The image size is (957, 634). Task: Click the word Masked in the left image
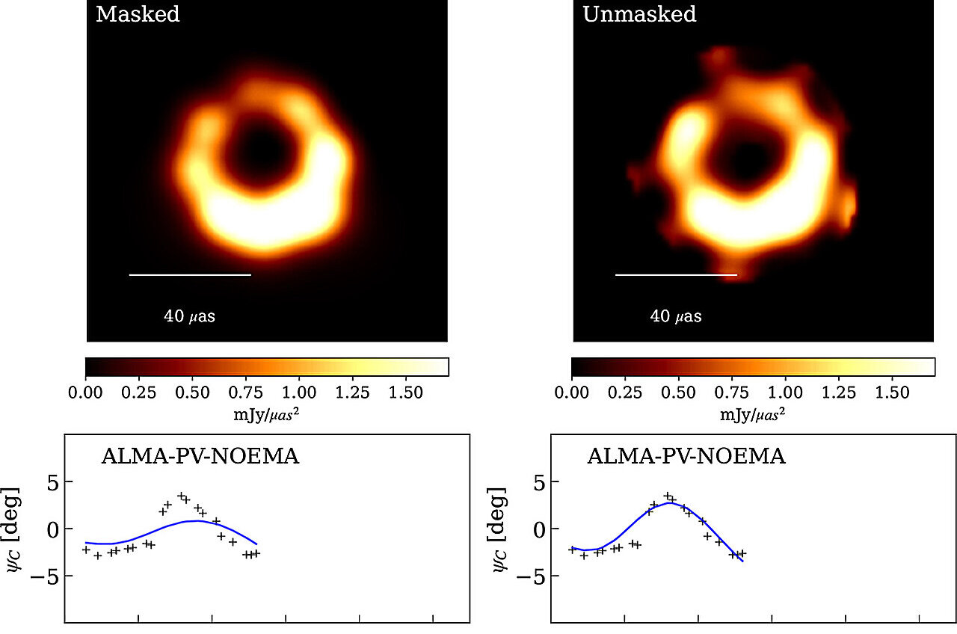pyautogui.click(x=138, y=15)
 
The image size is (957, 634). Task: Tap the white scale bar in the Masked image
pyautogui.click(x=190, y=275)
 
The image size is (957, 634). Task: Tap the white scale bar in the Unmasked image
pyautogui.click(x=676, y=275)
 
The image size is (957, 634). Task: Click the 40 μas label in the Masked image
pyautogui.click(x=189, y=316)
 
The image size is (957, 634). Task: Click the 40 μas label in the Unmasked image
pyautogui.click(x=676, y=316)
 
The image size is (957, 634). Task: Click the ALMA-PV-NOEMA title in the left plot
pyautogui.click(x=200, y=456)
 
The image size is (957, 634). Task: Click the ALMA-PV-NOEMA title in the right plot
pyautogui.click(x=686, y=456)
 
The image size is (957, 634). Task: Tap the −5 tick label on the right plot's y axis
pyautogui.click(x=531, y=576)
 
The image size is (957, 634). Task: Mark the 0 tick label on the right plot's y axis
pyautogui.click(x=537, y=529)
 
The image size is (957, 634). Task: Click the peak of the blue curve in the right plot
pyautogui.click(x=670, y=503)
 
